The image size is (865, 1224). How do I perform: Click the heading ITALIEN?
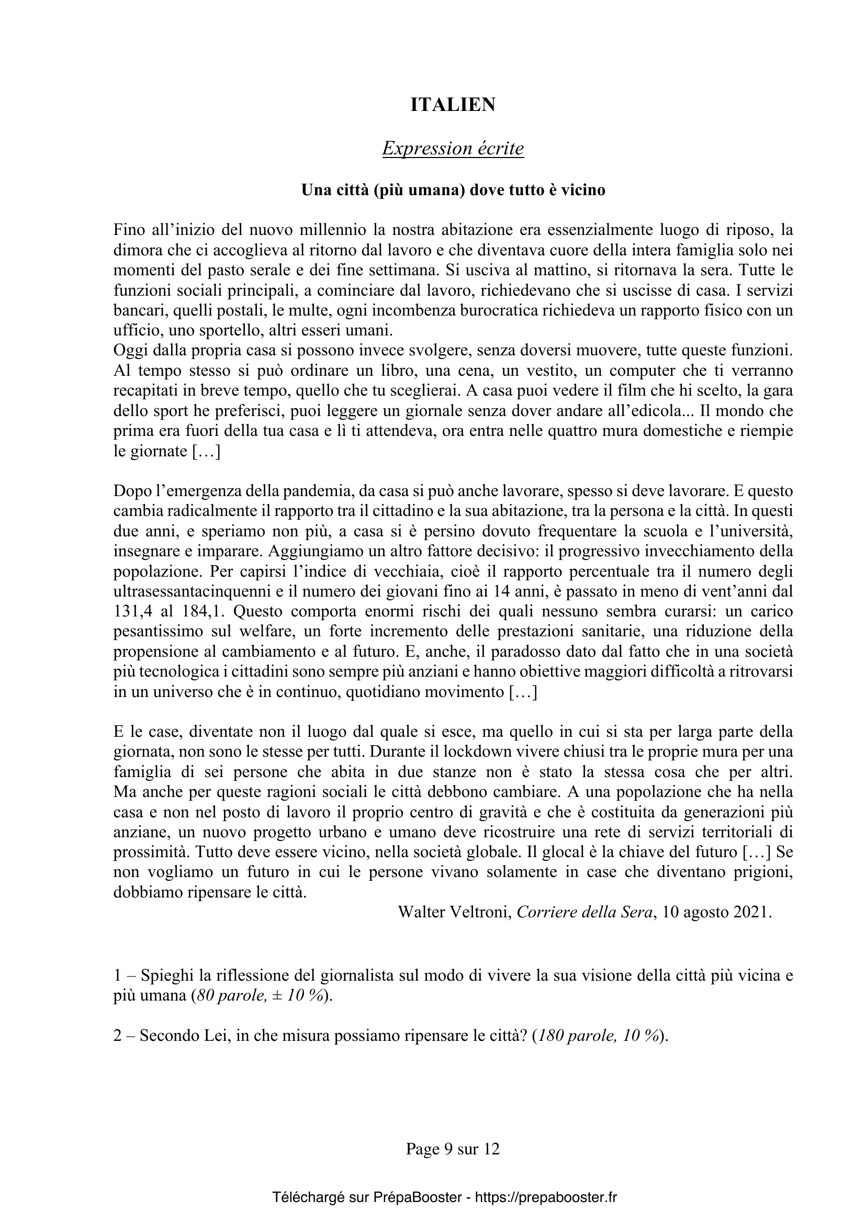tap(453, 105)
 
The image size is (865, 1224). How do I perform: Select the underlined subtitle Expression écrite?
tap(453, 149)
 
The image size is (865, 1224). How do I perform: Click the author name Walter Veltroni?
tap(455, 912)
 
